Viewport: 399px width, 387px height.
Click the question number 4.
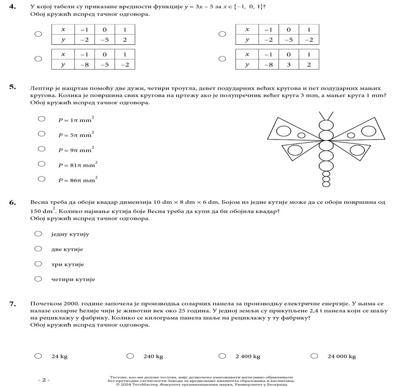(x=12, y=6)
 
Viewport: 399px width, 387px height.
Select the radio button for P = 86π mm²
(x=42, y=179)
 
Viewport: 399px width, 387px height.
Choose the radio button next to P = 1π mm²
(x=42, y=119)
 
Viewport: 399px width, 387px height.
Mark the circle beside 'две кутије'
(x=38, y=249)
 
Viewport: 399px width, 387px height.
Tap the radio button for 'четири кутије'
(x=38, y=279)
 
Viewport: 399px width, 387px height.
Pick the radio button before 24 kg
(x=38, y=356)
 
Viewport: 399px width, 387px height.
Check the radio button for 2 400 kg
(x=222, y=356)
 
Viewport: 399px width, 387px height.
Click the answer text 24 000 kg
(x=341, y=356)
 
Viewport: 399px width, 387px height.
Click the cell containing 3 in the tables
(x=288, y=64)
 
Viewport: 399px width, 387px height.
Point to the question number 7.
(x=12, y=303)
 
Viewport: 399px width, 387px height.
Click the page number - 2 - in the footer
(x=44, y=380)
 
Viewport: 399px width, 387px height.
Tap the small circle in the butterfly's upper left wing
(x=301, y=135)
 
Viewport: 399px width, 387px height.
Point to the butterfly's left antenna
(x=322, y=115)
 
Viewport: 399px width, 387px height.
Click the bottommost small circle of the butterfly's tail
(x=326, y=184)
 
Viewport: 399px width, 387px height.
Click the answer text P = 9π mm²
(x=76, y=150)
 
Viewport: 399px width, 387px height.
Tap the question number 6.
(x=12, y=203)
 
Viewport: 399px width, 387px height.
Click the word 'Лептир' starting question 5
(x=40, y=88)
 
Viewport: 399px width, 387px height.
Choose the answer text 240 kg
(x=153, y=356)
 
